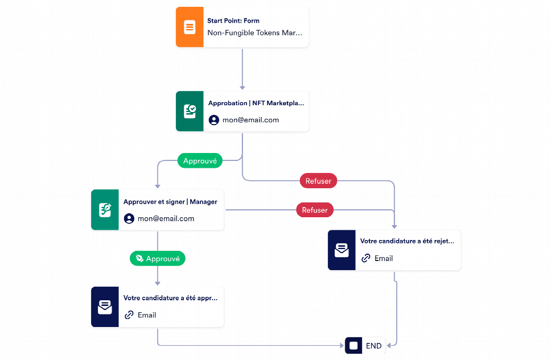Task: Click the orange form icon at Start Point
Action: (190, 27)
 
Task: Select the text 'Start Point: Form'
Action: (233, 20)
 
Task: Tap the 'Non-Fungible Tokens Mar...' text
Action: (255, 32)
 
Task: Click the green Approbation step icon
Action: (190, 111)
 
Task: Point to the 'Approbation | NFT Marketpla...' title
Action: (256, 103)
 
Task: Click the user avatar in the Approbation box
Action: (213, 120)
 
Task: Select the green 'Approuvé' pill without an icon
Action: (200, 161)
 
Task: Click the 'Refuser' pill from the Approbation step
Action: (318, 181)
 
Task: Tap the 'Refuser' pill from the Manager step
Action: (315, 210)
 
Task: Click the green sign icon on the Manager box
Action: (105, 210)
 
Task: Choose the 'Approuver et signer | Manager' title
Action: (170, 201)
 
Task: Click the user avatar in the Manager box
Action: (129, 218)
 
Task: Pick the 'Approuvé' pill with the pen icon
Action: (158, 259)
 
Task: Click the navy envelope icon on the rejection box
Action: (342, 250)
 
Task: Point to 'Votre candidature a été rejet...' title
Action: (408, 241)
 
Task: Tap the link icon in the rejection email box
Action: (366, 258)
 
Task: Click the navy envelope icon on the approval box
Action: (105, 307)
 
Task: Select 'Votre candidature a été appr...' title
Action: (170, 298)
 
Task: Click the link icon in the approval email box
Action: (129, 315)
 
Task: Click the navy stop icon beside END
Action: (353, 346)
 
